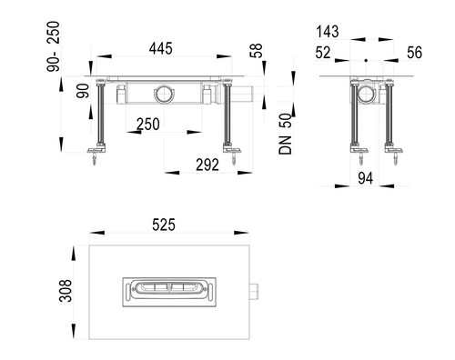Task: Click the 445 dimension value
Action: click(161, 48)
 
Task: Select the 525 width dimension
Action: click(164, 225)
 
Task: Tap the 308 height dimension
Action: click(66, 291)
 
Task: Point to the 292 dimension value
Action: click(207, 165)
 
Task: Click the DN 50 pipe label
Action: click(285, 134)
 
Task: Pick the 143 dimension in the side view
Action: click(328, 32)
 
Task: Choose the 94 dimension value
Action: click(366, 178)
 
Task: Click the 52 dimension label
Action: click(323, 53)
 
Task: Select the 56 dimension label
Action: click(414, 53)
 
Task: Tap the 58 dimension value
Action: click(256, 51)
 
